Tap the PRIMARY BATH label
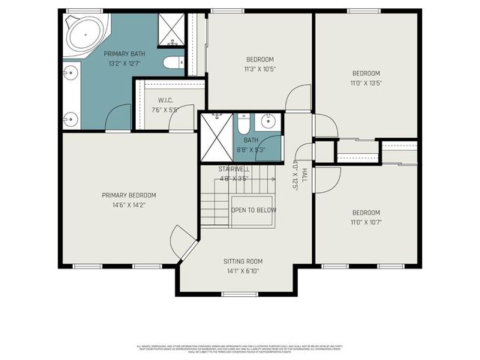click(x=124, y=53)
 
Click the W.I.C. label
click(x=166, y=100)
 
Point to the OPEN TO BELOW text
click(x=253, y=211)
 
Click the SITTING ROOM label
click(x=243, y=262)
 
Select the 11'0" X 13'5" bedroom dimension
click(x=367, y=83)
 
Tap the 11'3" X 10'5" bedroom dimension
click(x=259, y=69)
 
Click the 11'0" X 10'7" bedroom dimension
click(x=367, y=222)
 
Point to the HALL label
click(x=304, y=175)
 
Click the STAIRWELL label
click(x=234, y=169)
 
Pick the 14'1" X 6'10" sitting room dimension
click(x=243, y=271)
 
